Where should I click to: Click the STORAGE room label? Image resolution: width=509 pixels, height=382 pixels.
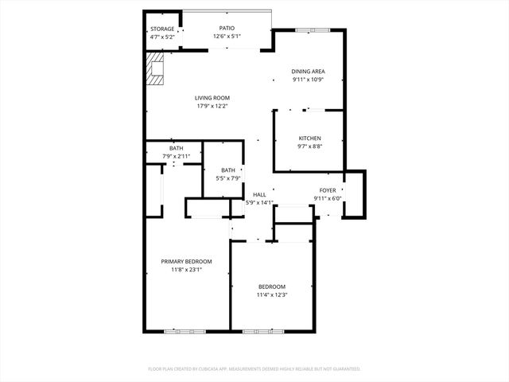click(x=162, y=29)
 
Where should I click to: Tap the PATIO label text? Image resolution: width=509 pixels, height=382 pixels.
click(x=227, y=28)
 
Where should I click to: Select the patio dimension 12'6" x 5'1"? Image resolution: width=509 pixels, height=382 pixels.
click(x=227, y=36)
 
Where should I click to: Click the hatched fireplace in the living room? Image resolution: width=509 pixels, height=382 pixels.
click(x=153, y=69)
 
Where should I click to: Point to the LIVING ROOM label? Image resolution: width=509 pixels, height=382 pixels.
click(x=212, y=98)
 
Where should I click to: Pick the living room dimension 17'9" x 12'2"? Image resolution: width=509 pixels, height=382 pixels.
click(x=212, y=106)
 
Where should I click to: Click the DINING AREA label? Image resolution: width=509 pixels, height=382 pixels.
click(x=308, y=72)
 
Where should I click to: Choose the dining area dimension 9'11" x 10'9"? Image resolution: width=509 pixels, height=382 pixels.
click(x=308, y=80)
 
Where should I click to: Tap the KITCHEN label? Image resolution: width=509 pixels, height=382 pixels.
click(x=309, y=138)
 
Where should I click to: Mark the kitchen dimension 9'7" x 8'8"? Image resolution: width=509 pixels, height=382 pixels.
click(x=309, y=146)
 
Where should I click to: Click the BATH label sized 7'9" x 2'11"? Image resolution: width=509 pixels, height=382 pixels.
click(x=176, y=148)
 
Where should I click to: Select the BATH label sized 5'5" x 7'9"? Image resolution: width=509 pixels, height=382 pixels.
click(x=228, y=170)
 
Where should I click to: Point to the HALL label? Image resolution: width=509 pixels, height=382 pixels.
click(x=259, y=194)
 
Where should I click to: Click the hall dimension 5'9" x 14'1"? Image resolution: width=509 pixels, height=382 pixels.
click(x=259, y=202)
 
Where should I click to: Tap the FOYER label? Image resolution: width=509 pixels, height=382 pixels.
click(x=328, y=190)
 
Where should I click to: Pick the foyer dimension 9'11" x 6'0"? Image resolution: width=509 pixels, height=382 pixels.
click(x=328, y=198)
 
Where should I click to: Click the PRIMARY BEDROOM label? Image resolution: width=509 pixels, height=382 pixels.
click(x=187, y=262)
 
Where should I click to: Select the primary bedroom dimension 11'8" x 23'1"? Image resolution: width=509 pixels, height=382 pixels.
click(x=187, y=270)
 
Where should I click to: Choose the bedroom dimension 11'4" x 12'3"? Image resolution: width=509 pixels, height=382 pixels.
click(x=271, y=294)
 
